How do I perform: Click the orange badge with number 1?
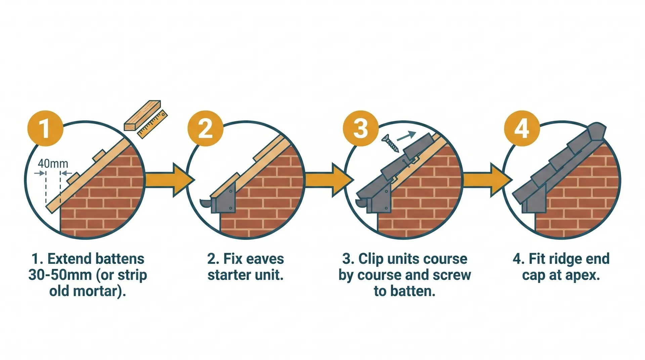(45, 128)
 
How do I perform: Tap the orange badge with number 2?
(205, 128)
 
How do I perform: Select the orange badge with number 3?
(361, 128)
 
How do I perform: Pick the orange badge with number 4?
(522, 128)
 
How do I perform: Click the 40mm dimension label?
(53, 164)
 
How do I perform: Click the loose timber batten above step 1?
(142, 115)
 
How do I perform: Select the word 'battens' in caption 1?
(120, 259)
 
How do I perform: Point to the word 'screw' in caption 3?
(452, 275)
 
